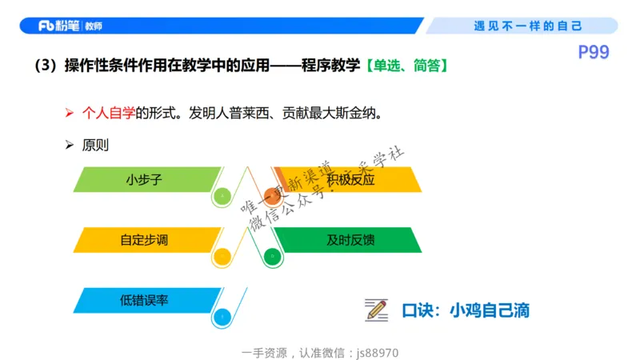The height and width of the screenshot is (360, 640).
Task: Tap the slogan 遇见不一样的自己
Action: tap(528, 26)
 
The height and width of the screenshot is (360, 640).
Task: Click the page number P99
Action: tap(594, 53)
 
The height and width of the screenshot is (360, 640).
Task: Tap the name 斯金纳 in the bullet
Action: tap(355, 114)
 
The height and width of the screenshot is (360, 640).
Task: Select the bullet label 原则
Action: tap(95, 146)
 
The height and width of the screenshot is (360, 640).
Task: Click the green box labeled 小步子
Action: tap(144, 180)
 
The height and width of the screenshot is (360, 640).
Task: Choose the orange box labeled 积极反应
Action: tap(349, 180)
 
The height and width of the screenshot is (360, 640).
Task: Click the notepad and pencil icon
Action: tap(376, 309)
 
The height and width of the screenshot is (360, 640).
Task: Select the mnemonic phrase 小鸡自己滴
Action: tap(490, 310)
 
